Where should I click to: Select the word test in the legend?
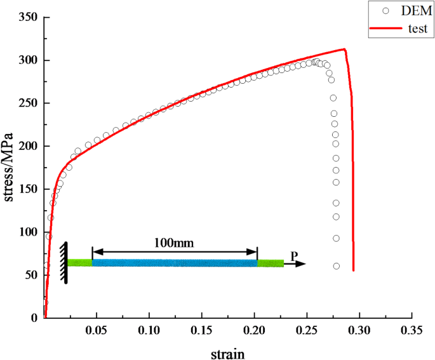[409, 29]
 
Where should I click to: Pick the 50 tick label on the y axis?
[30, 275]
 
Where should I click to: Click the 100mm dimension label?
[174, 243]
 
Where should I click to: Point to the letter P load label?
[293, 255]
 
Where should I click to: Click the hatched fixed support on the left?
[64, 262]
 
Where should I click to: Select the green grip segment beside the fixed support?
[80, 262]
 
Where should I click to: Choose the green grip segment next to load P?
[271, 263]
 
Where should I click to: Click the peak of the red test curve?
[344, 49]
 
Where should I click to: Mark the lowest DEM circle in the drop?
[336, 266]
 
